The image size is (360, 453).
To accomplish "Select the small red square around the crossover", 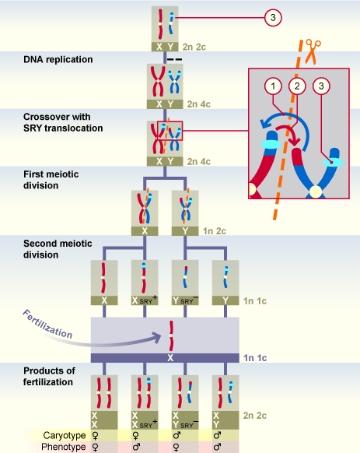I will pyautogui.click(x=170, y=132).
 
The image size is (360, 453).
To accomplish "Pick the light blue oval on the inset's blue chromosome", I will pyautogui.click(x=337, y=161).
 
